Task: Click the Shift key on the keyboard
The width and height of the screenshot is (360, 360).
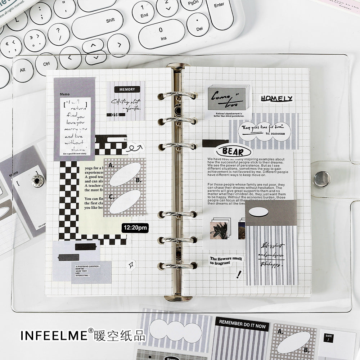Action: point(110,21)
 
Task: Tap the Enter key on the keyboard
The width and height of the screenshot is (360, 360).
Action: point(219,5)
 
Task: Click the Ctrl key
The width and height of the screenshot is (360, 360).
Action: point(46,64)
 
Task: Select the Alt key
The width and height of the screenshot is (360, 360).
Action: point(22,70)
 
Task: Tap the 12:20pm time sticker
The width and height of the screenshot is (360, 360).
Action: point(135,228)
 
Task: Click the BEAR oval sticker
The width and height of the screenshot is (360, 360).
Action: point(233,151)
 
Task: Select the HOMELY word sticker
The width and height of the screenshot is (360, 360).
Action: point(276,99)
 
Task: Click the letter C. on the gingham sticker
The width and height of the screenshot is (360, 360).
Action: point(111,197)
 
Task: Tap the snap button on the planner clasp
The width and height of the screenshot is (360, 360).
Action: point(321,179)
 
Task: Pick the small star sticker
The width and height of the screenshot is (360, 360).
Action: point(130,265)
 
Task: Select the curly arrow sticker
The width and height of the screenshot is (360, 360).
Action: point(135,147)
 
